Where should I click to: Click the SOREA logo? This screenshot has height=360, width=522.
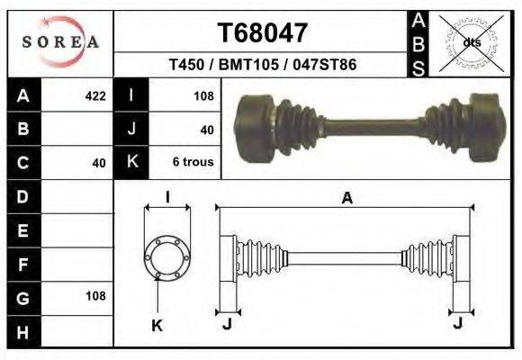pyautogui.click(x=59, y=41)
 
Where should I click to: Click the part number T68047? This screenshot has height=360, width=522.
pyautogui.click(x=263, y=33)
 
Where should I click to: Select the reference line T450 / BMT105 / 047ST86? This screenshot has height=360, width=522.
pyautogui.click(x=263, y=66)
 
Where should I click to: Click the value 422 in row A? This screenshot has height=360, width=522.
pyautogui.click(x=94, y=95)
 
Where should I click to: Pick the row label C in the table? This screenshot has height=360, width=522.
pyautogui.click(x=22, y=163)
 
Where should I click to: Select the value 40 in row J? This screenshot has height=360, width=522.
pyautogui.click(x=206, y=130)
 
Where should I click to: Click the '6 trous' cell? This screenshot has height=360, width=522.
pyautogui.click(x=192, y=163)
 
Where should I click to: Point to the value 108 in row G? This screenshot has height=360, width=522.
pyautogui.click(x=94, y=296)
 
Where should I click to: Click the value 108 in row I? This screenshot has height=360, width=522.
pyautogui.click(x=202, y=95)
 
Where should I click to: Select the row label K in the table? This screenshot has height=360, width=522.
pyautogui.click(x=131, y=163)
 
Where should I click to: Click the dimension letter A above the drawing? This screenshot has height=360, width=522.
pyautogui.click(x=346, y=199)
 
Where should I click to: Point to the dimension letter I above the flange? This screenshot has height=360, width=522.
pyautogui.click(x=167, y=198)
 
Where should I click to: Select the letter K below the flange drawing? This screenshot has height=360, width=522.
pyautogui.click(x=156, y=326)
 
